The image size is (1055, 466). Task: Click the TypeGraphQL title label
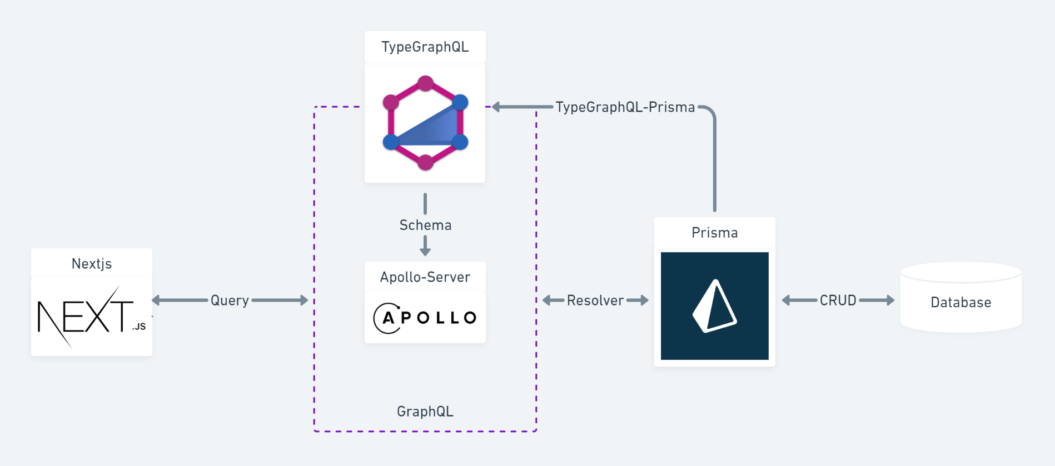[x=425, y=47]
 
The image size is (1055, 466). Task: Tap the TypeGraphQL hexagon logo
[x=425, y=123]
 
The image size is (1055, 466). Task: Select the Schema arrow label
[x=425, y=225]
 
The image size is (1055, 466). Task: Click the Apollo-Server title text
[x=425, y=277]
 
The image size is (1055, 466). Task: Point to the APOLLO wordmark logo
[x=425, y=318]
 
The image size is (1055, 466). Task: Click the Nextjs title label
[x=92, y=264]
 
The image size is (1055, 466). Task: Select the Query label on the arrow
[x=230, y=300]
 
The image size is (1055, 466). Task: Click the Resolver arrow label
[x=595, y=300]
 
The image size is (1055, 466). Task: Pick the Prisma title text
[x=715, y=233]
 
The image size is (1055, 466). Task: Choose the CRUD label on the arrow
[x=838, y=300]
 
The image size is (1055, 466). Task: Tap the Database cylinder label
[x=961, y=302]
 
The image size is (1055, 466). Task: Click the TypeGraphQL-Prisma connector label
[x=625, y=107]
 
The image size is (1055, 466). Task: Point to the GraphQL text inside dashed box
[x=425, y=412]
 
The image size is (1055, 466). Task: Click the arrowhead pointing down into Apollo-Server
[x=425, y=251]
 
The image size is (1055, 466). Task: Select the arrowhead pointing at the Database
[x=890, y=300]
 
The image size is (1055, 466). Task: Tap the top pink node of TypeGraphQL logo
[x=425, y=83]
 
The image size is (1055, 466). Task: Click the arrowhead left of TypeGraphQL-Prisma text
[x=496, y=107]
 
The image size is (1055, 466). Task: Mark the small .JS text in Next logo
[x=139, y=327]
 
